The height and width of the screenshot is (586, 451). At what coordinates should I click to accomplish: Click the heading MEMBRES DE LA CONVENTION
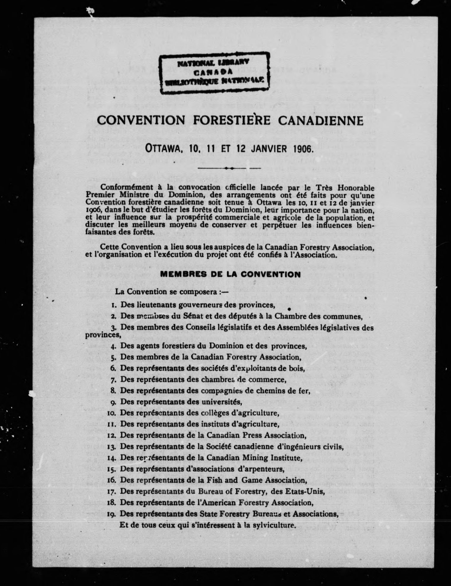click(230, 274)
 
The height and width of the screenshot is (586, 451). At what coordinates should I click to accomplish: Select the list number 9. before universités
click(113, 402)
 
